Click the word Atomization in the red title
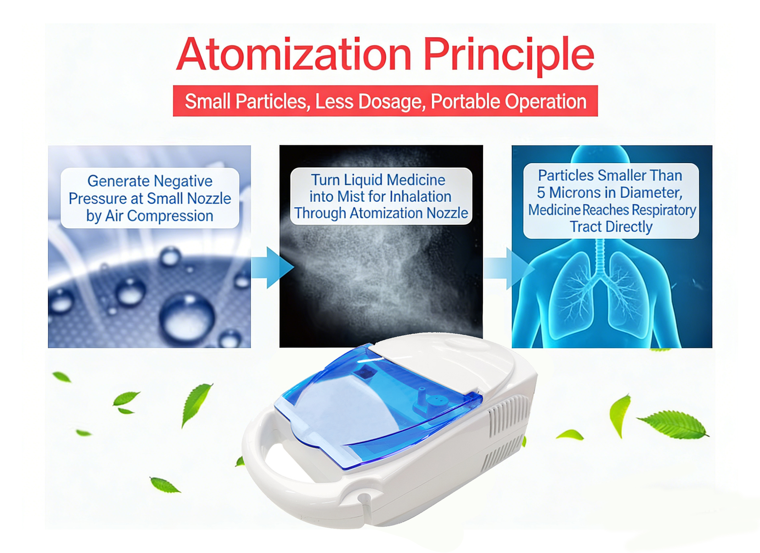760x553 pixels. pyautogui.click(x=294, y=55)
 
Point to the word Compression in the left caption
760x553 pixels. pyautogui.click(x=170, y=216)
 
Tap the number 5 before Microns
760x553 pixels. pyautogui.click(x=541, y=193)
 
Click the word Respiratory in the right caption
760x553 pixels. pyautogui.click(x=664, y=210)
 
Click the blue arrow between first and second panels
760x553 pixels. pyautogui.click(x=272, y=267)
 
